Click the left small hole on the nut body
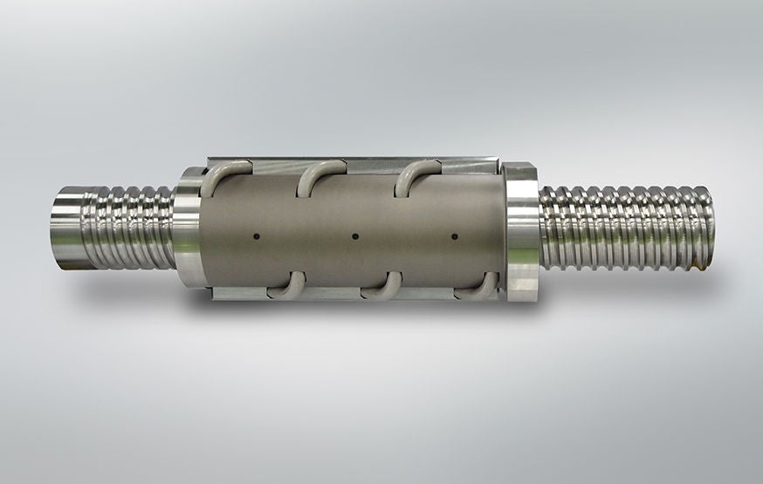pyautogui.click(x=255, y=235)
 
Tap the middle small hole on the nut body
pyautogui.click(x=354, y=235)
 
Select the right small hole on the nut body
pyautogui.click(x=455, y=235)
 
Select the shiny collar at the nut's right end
pyautogui.click(x=522, y=231)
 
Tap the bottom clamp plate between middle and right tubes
pyautogui.click(x=436, y=294)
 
